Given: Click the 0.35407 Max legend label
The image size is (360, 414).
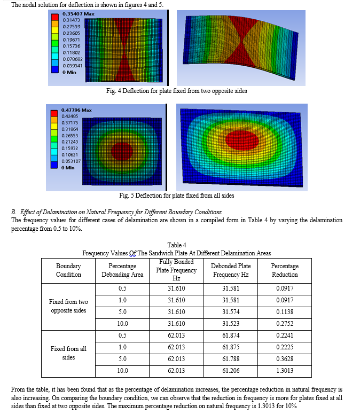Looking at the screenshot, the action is point(79,14).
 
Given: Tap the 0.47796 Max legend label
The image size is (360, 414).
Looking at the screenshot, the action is point(76,110).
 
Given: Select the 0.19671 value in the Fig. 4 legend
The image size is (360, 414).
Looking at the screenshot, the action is point(71,40).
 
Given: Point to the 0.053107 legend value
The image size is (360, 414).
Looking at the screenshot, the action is point(71,161).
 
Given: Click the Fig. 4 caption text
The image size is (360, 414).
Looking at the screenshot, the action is point(177,91).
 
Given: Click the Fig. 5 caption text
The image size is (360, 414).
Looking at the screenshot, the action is point(177,196).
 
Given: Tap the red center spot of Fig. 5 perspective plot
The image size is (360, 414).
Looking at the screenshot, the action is point(242,140).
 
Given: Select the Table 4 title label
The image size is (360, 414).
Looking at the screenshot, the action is point(177,245).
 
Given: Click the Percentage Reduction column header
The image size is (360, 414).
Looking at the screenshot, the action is point(285,270).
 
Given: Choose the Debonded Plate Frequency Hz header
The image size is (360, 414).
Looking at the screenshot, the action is point(231,270).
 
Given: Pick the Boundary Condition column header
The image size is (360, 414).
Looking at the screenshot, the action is point(68,270).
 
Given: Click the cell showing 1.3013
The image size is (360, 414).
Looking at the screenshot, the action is point(285,371).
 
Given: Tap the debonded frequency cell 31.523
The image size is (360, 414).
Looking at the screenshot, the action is point(231,324).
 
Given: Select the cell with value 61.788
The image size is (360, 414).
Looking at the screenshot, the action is point(231,359).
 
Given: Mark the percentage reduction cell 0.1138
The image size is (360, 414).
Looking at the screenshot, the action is point(285,312).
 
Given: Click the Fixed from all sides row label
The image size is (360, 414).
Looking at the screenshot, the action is point(68,353).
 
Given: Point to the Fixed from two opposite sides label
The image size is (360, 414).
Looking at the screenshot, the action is point(68,306).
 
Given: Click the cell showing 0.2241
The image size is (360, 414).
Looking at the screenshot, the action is point(285,335).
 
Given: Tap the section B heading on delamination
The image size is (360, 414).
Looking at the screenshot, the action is point(116,212).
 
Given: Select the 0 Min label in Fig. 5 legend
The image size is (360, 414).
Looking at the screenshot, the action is point(68,168).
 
